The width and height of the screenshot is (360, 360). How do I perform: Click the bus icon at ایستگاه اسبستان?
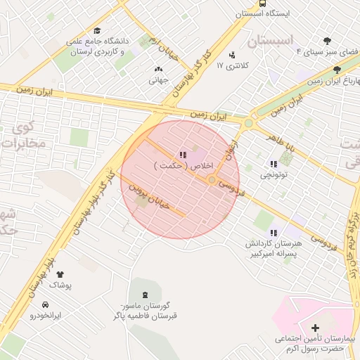(x=263, y=4)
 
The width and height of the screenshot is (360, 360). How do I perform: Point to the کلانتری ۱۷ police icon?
(x=232, y=55)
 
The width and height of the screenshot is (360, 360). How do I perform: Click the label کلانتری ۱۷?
(x=229, y=65)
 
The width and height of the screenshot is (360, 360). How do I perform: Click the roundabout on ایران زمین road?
(x=248, y=124)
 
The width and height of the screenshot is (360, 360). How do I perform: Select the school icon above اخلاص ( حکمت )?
(x=182, y=155)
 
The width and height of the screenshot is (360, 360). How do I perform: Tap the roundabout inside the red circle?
(x=212, y=180)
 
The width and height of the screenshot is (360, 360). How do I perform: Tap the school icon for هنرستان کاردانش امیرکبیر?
(x=273, y=232)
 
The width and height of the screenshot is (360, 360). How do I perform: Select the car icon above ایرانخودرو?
(x=45, y=304)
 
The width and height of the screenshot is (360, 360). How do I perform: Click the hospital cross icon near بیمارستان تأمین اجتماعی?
(x=314, y=327)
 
